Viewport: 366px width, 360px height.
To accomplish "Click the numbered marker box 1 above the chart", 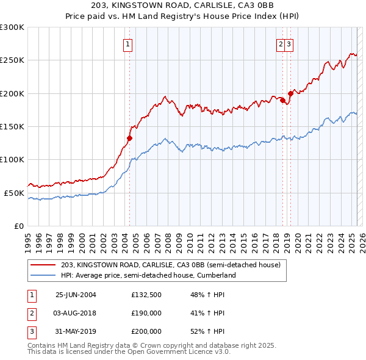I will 128,43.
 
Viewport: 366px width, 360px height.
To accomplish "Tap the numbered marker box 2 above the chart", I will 281,43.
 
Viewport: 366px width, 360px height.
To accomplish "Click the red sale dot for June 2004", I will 130,139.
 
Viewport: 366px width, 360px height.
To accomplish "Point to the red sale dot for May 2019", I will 290,93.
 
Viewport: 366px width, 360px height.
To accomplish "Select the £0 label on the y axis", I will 19,226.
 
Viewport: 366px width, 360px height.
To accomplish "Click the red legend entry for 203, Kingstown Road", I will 170,265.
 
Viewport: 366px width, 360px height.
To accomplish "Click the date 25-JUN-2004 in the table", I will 76,295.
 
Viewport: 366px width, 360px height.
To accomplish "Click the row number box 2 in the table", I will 31,313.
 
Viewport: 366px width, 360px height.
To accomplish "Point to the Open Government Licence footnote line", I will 129,352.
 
